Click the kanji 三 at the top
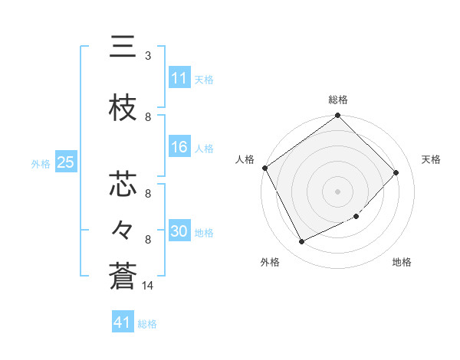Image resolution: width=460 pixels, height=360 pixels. (123, 47)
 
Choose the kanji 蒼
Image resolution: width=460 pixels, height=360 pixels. (123, 276)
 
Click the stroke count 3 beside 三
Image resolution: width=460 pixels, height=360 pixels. (148, 56)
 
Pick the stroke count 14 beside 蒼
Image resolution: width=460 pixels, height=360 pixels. (149, 286)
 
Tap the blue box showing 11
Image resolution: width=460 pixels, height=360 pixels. (179, 78)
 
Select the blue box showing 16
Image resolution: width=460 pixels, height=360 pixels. (179, 148)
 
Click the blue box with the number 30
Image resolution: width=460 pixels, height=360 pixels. (179, 232)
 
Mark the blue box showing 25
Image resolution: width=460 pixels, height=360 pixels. (65, 162)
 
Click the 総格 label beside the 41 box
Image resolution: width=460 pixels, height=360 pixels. (147, 324)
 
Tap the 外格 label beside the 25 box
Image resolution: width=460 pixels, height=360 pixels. (41, 163)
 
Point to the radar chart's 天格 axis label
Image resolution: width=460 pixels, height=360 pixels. (432, 159)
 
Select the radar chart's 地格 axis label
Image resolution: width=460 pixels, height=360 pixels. (402, 263)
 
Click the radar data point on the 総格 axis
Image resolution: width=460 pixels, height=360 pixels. (337, 116)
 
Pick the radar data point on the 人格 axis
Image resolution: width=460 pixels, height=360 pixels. (264, 168)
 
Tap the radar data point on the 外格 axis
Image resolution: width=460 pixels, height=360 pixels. (301, 242)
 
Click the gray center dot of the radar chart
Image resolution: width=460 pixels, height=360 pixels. (337, 191)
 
